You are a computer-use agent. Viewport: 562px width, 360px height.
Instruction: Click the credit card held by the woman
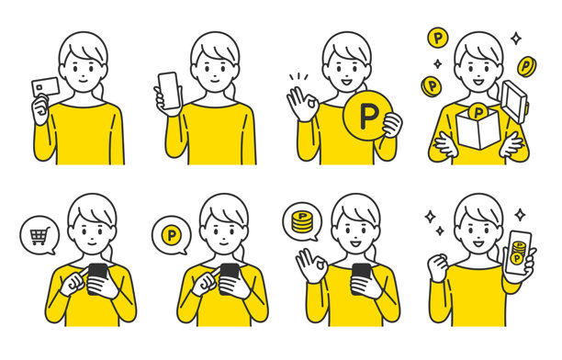[x=45, y=87]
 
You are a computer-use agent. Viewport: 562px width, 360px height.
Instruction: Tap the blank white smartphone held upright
[x=168, y=90]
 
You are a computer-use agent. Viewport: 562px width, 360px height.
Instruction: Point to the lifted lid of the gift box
[x=514, y=101]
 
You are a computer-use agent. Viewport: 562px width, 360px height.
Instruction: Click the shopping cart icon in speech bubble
[x=39, y=236]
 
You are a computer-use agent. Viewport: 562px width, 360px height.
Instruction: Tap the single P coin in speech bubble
[x=172, y=235]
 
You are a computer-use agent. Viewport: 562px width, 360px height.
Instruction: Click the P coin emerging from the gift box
[x=478, y=111]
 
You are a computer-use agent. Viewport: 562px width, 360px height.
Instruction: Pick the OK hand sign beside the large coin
[x=302, y=103]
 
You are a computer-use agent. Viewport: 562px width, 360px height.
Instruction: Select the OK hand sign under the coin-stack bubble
[x=311, y=265]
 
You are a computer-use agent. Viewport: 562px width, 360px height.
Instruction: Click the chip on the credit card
[x=39, y=87]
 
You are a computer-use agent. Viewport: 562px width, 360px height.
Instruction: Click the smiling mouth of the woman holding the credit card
[x=83, y=81]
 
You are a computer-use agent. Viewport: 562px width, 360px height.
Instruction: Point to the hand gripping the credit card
[x=40, y=109]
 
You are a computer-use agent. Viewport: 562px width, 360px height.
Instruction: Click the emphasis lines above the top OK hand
[x=298, y=77]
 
